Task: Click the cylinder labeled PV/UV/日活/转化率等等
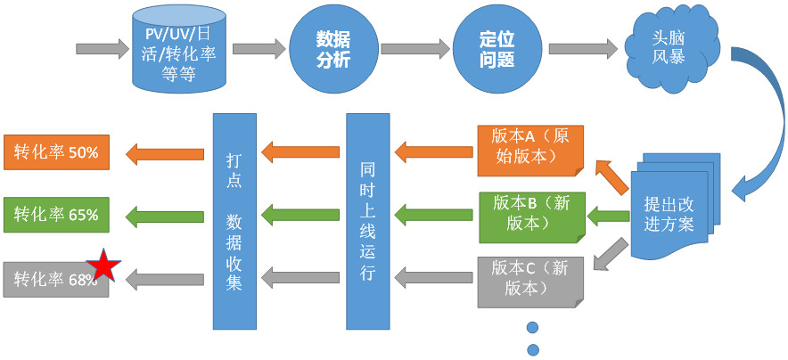[178, 50]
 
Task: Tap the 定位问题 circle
[497, 50]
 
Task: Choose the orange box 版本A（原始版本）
[530, 147]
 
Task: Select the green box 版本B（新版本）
[530, 215]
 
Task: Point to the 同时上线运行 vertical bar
[368, 221]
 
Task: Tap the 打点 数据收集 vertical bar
[234, 221]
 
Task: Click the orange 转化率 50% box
[55, 152]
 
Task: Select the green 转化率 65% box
[55, 215]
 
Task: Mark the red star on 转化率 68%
[103, 266]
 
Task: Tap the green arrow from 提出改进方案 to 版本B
[608, 215]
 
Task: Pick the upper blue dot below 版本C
[534, 326]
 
